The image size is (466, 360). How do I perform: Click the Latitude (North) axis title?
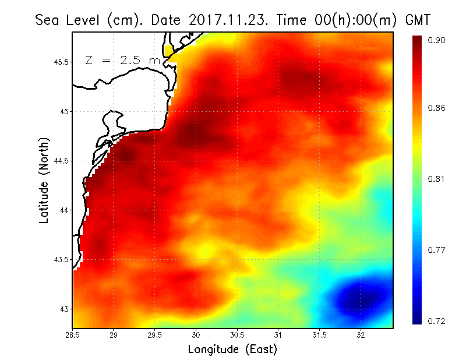44,181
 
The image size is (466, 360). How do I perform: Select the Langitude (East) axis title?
232,350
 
